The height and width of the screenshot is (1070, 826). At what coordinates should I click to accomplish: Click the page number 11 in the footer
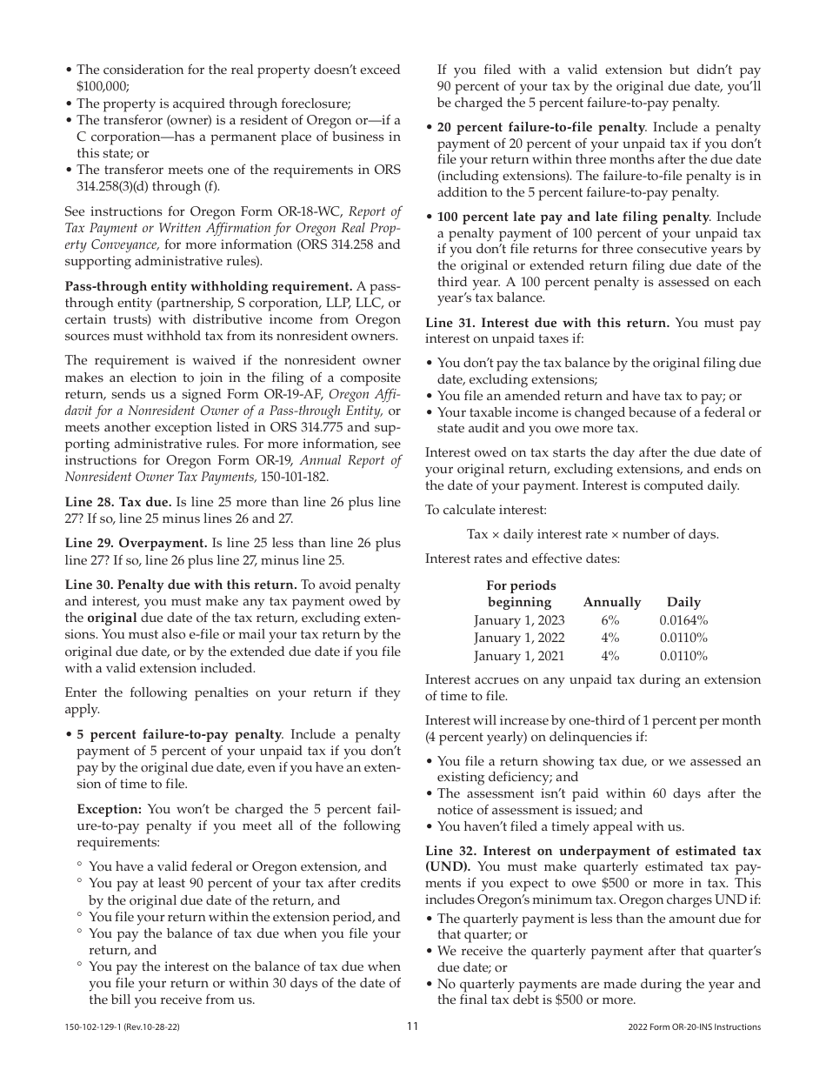click(x=413, y=1027)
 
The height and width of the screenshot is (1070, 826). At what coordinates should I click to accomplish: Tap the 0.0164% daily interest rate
click(x=683, y=620)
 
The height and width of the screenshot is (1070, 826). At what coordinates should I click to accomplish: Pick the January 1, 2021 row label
click(x=519, y=656)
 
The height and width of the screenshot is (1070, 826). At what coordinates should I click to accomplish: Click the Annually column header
click(x=611, y=602)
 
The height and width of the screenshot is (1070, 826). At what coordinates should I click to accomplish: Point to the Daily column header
click(x=683, y=602)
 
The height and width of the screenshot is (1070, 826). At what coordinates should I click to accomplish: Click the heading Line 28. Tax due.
click(x=118, y=502)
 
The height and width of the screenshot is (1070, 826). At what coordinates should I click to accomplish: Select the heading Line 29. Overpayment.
click(x=136, y=543)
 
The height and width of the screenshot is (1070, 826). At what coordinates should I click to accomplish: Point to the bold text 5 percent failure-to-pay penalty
click(x=179, y=734)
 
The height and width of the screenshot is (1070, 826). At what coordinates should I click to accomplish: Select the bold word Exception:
click(x=110, y=809)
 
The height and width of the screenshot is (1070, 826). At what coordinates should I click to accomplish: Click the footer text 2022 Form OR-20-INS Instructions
click(x=694, y=1027)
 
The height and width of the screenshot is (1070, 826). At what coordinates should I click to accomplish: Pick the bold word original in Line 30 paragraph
click(x=112, y=618)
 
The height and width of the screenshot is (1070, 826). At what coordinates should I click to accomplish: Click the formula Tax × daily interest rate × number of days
click(x=592, y=534)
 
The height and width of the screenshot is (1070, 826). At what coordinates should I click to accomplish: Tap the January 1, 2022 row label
click(x=519, y=639)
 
